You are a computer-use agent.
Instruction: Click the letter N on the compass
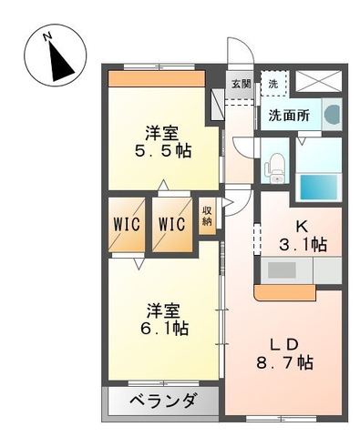[47, 36]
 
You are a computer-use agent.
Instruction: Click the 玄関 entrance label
[242, 84]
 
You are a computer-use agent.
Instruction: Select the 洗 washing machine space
[273, 84]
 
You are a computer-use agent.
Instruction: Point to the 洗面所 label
[289, 116]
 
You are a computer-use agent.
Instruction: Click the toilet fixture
[275, 168]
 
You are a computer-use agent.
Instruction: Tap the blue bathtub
[319, 187]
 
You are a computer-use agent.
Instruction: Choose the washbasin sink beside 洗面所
[332, 115]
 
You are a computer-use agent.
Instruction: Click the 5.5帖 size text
[163, 151]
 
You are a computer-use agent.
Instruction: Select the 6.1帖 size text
[164, 328]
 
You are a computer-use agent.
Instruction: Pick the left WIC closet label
[127, 224]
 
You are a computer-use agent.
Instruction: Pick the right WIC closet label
[171, 224]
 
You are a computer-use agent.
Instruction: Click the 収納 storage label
[207, 216]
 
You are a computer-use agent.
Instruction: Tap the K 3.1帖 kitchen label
[303, 236]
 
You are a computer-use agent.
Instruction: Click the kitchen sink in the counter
[282, 270]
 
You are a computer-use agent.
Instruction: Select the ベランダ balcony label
[162, 401]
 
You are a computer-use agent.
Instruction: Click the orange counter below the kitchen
[285, 292]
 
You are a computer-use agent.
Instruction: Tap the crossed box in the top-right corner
[319, 80]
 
